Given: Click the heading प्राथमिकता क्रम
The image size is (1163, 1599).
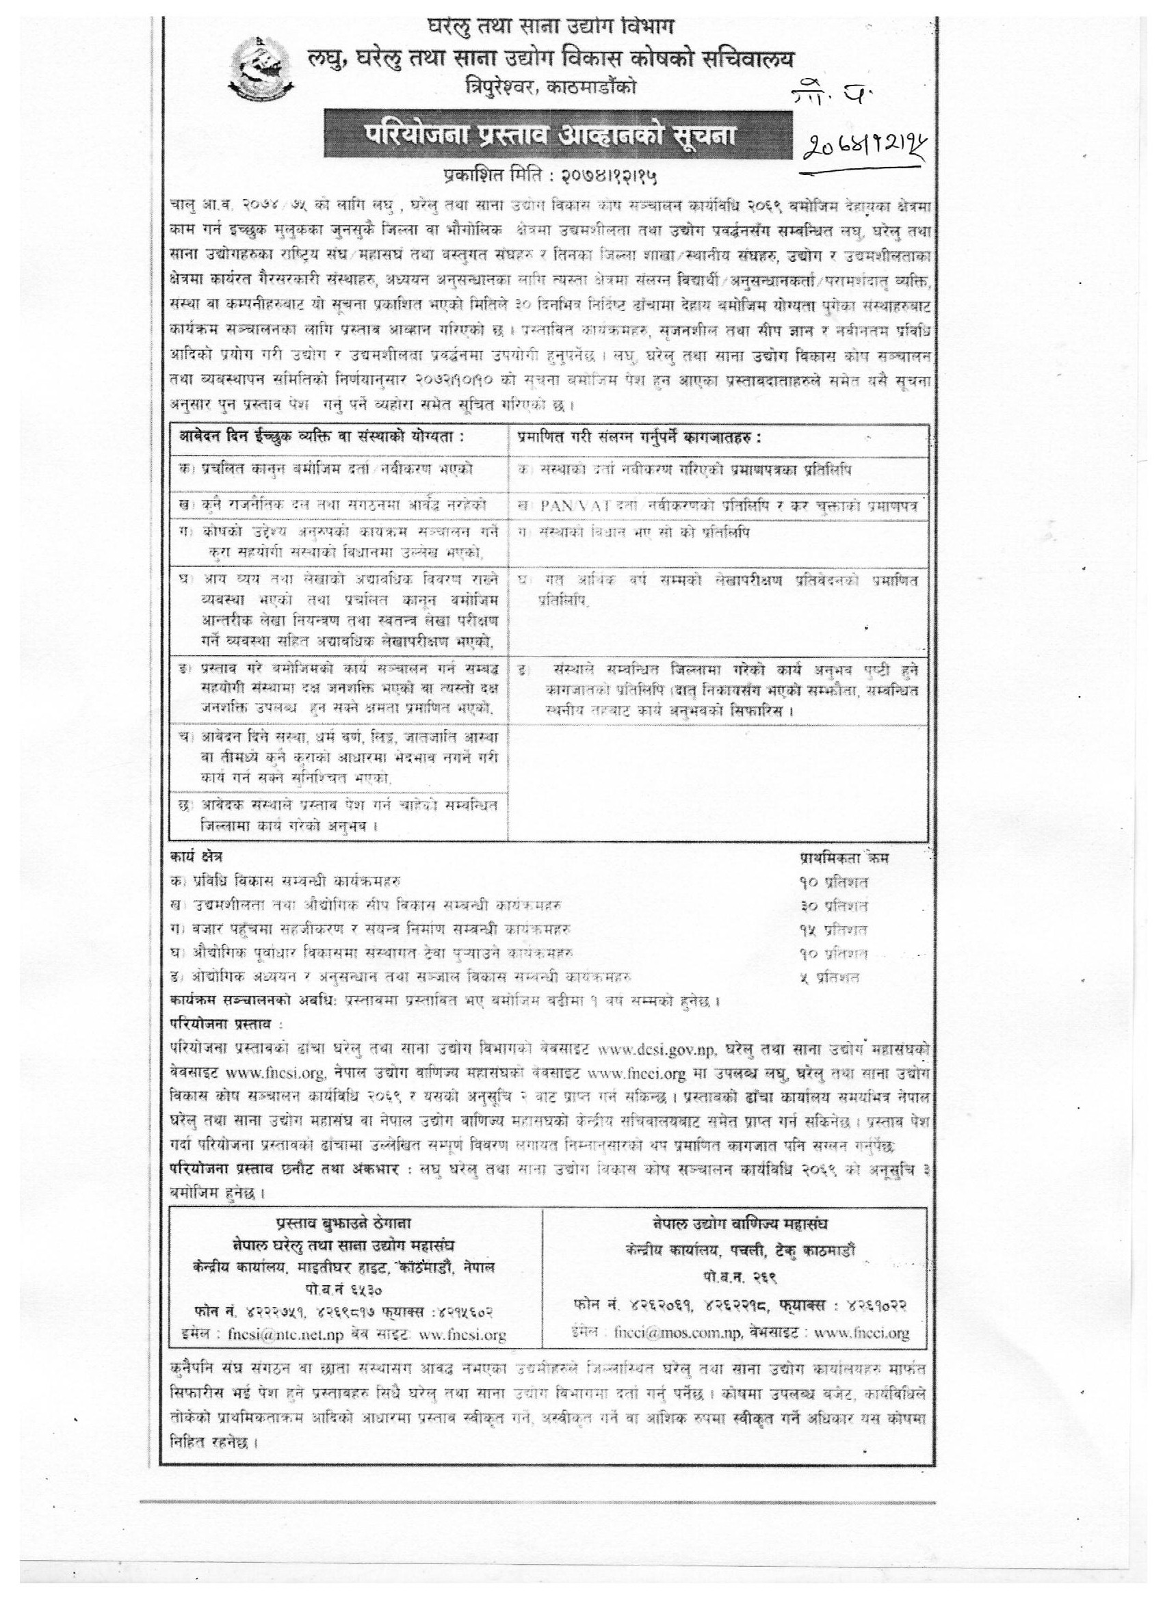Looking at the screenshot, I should [x=844, y=858].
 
